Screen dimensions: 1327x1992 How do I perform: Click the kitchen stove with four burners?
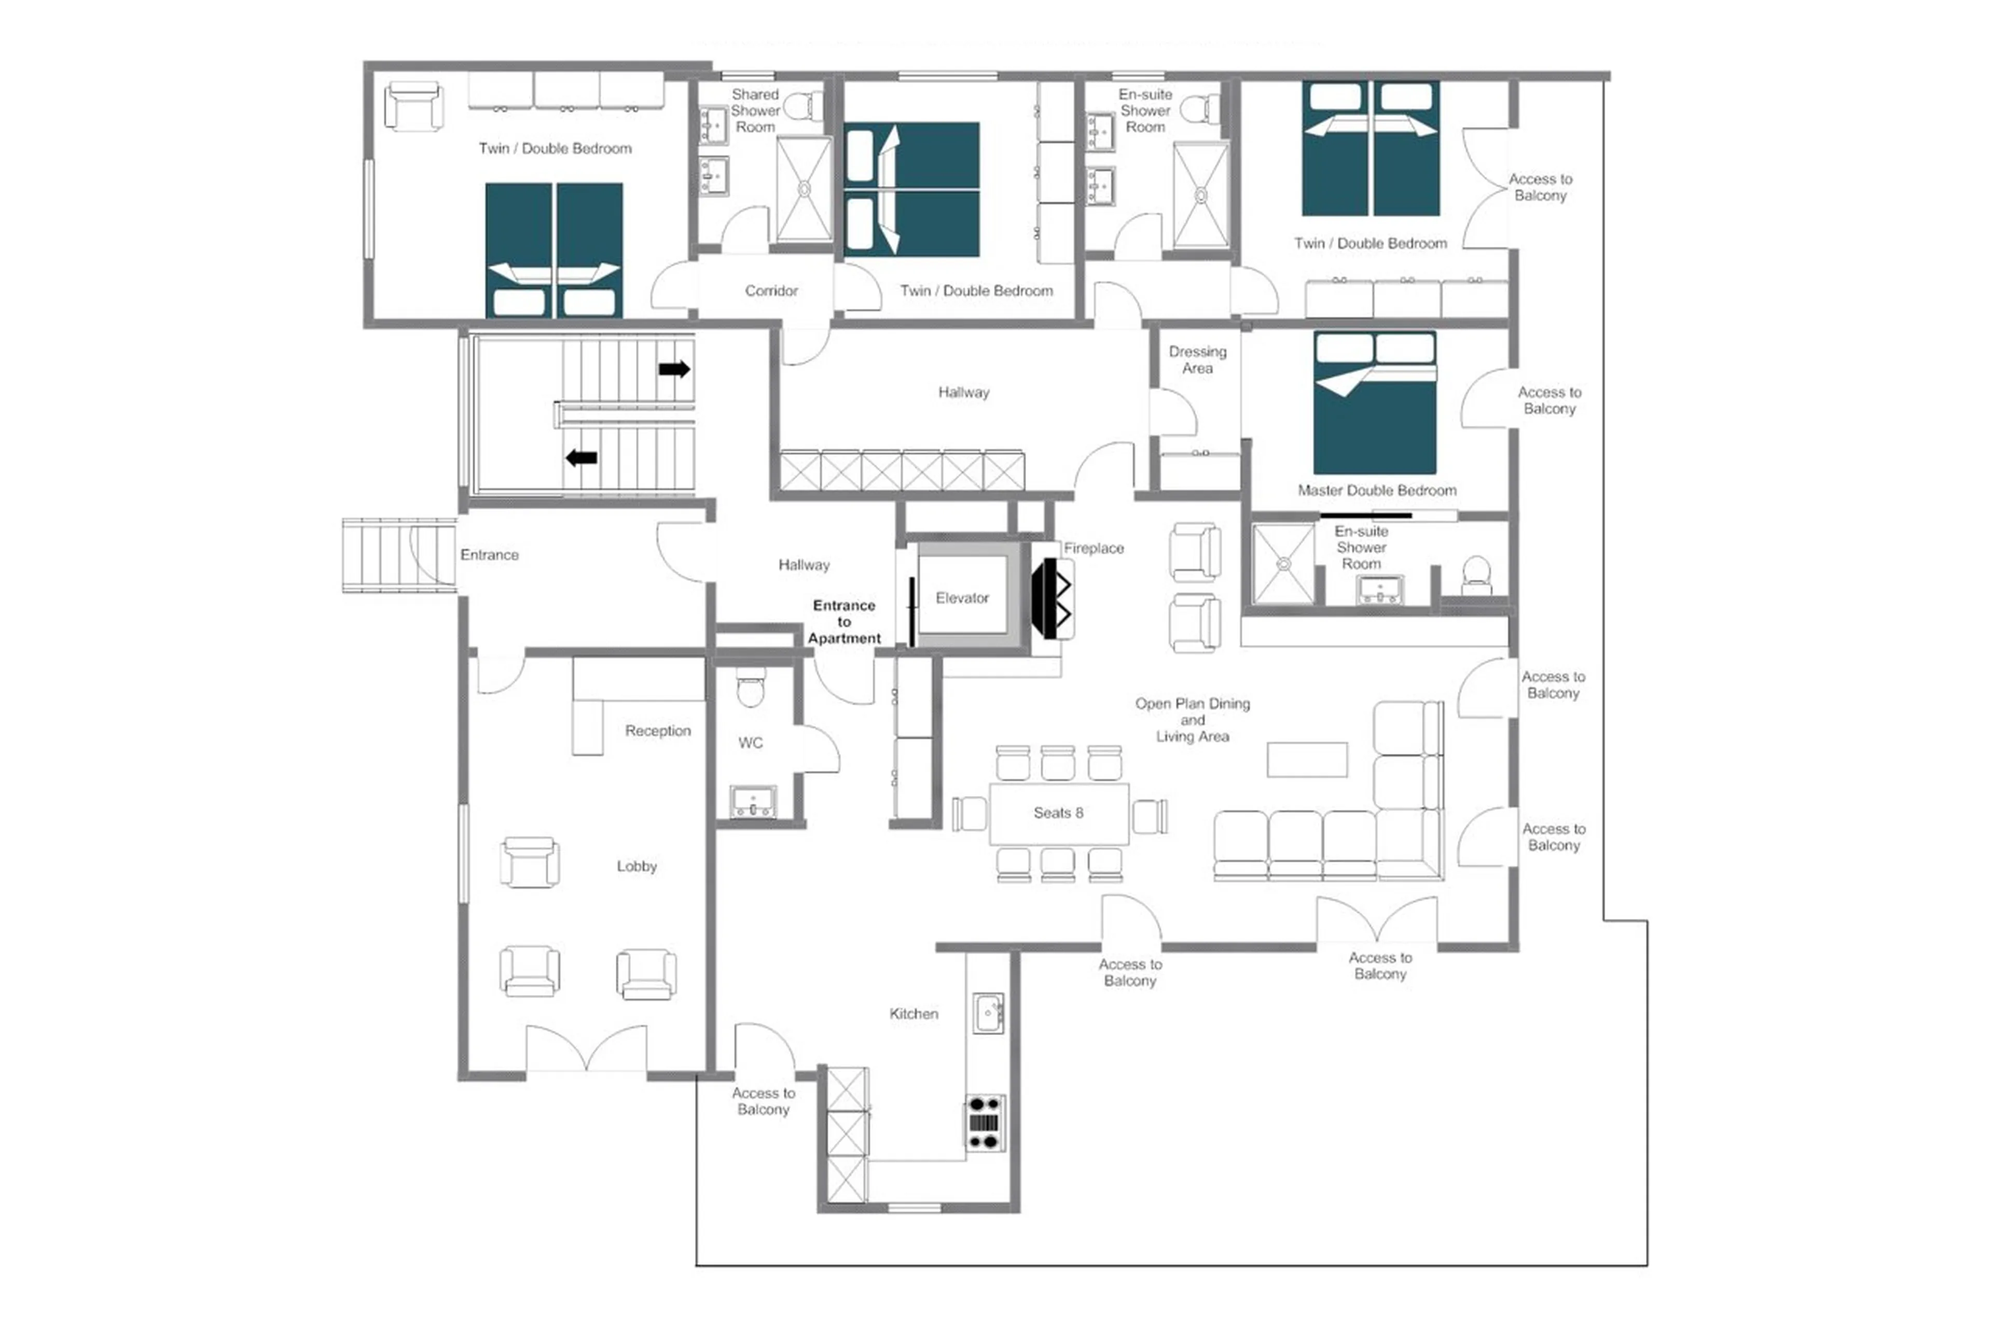pyautogui.click(x=985, y=1123)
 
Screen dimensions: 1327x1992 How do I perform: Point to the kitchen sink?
pyautogui.click(x=987, y=1012)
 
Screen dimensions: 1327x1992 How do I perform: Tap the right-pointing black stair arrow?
pyautogui.click(x=674, y=369)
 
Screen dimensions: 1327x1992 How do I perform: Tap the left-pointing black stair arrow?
pyautogui.click(x=582, y=458)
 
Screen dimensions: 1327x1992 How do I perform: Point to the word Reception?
pyautogui.click(x=658, y=730)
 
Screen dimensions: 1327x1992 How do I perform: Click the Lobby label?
pyautogui.click(x=636, y=866)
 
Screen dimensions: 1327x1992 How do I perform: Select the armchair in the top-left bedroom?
pyautogui.click(x=413, y=107)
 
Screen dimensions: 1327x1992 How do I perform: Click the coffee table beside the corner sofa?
pyautogui.click(x=1306, y=759)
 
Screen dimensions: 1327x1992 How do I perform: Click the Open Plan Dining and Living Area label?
pyautogui.click(x=1192, y=719)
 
